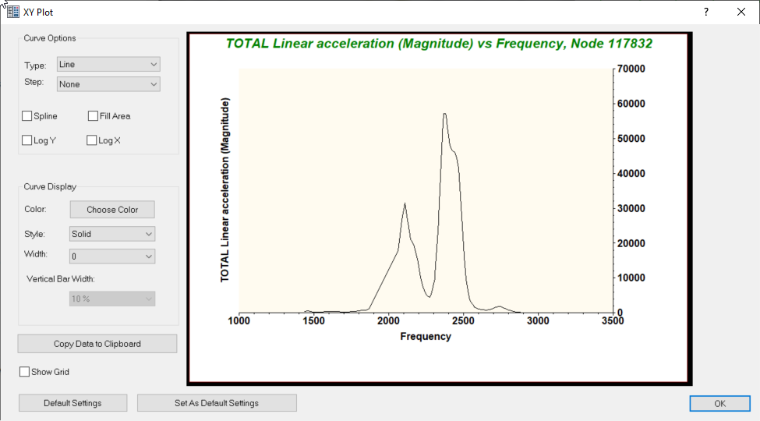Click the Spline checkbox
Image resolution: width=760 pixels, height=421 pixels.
[x=27, y=116]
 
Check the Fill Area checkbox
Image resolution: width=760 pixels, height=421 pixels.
[x=94, y=116]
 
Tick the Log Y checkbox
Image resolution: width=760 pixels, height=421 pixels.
[x=27, y=140]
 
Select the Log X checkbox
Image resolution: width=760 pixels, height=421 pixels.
[x=92, y=140]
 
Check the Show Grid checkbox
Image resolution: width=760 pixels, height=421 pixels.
[x=25, y=372]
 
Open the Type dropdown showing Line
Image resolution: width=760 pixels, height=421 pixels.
[x=108, y=65]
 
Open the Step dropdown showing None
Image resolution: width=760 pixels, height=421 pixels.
[x=108, y=84]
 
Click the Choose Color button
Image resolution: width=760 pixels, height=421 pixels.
[x=112, y=210]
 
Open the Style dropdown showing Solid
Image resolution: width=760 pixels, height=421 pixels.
[x=112, y=234]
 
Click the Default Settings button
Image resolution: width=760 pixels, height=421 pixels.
[x=72, y=403]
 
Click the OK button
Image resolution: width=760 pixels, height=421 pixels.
[x=719, y=403]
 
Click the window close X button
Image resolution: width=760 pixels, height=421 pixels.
[x=741, y=12]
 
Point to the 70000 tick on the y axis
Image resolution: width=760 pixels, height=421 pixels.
[x=630, y=69]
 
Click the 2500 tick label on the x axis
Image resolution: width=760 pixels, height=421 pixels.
[x=464, y=320]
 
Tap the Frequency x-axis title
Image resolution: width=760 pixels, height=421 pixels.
[x=426, y=337]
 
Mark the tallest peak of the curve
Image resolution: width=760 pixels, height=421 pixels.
[x=444, y=114]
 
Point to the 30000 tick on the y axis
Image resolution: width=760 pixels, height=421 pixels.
[x=630, y=208]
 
